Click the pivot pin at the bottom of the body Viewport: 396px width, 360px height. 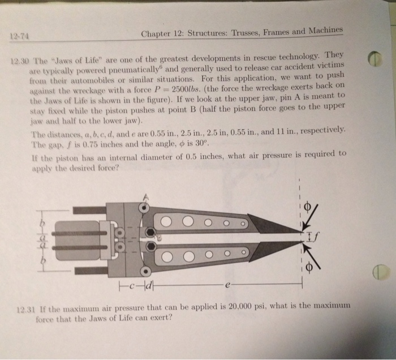[147, 268]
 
